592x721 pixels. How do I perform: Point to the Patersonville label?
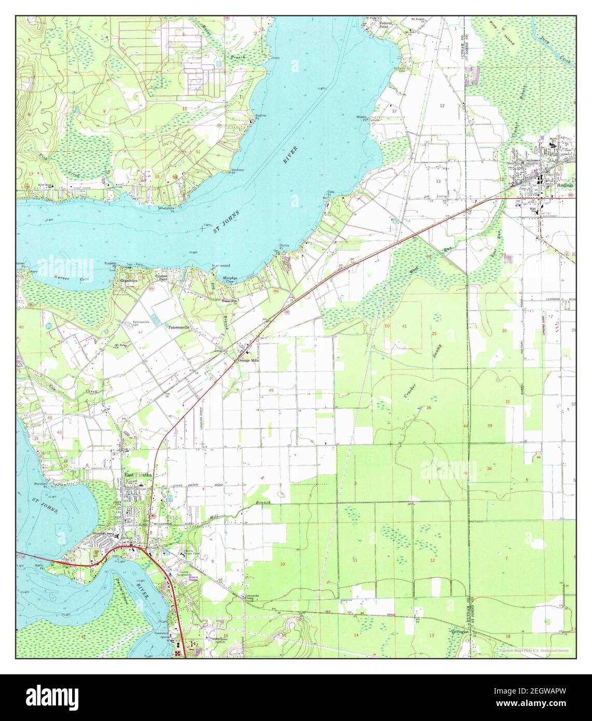(180, 328)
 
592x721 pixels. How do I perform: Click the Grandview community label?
(128, 281)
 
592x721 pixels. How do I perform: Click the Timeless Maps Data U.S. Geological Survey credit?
(533, 650)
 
